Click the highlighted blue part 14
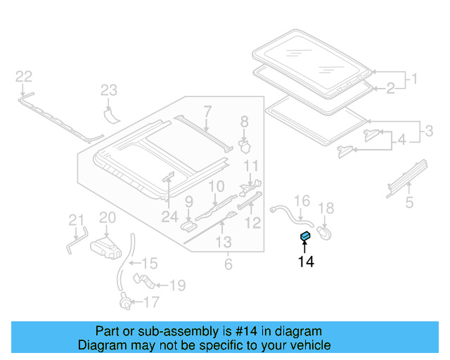tap(305, 236)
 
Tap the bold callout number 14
tap(306, 262)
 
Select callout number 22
tap(24, 77)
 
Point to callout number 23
tap(108, 89)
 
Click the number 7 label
tap(207, 110)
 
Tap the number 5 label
tap(409, 204)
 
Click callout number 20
tap(107, 218)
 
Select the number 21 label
tap(76, 221)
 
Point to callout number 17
tap(151, 303)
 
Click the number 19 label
tap(177, 285)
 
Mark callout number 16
tap(301, 202)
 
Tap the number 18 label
tap(327, 207)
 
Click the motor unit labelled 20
tap(106, 246)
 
